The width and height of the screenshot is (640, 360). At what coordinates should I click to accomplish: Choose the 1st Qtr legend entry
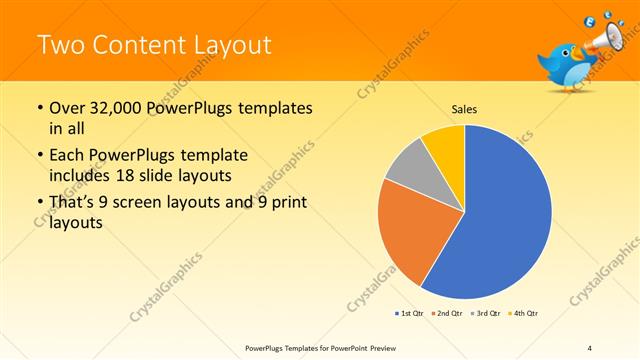(409, 314)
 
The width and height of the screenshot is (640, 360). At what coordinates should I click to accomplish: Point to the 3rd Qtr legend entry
(485, 314)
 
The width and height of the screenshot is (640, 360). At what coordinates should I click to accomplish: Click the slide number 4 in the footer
(589, 347)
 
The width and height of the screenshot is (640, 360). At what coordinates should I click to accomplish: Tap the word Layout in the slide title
(226, 45)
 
